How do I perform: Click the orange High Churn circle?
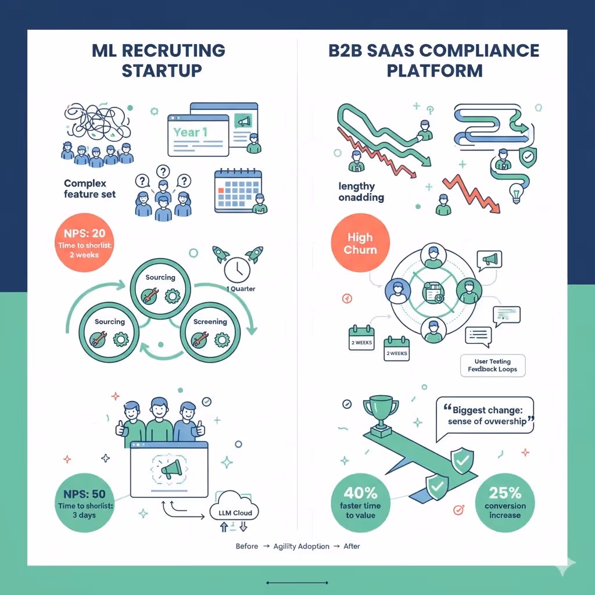click(360, 244)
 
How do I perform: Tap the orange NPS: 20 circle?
click(87, 243)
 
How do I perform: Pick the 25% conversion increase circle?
click(504, 501)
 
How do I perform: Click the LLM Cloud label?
click(233, 513)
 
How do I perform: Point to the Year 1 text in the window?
click(190, 132)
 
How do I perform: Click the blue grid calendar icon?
click(237, 191)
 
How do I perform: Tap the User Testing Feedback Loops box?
click(492, 365)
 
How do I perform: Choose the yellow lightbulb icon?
click(515, 193)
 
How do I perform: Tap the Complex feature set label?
click(89, 189)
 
